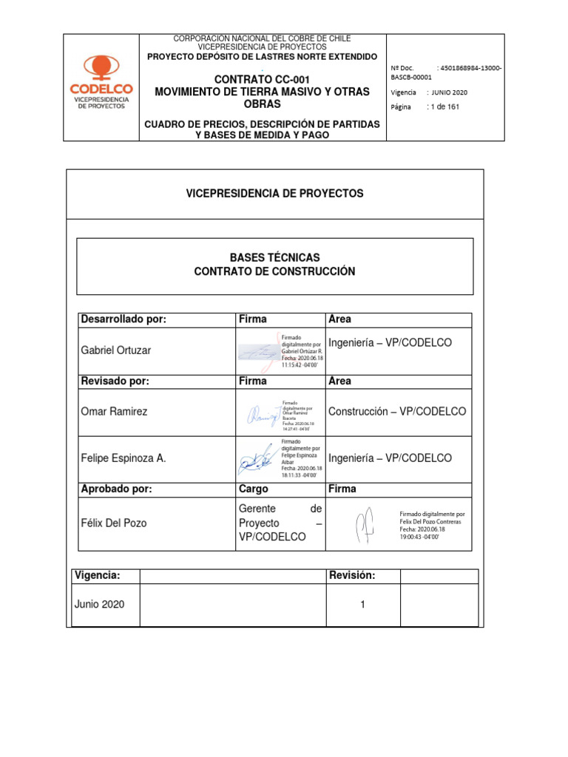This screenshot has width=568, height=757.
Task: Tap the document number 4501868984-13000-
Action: pyautogui.click(x=470, y=69)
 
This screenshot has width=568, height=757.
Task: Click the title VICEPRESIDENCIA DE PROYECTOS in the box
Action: pyautogui.click(x=274, y=193)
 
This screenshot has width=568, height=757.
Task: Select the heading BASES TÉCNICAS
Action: pyautogui.click(x=274, y=257)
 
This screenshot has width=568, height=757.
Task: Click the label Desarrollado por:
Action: pyautogui.click(x=123, y=319)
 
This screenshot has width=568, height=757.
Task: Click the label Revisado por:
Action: pyautogui.click(x=114, y=381)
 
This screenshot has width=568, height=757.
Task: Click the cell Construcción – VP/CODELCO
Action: pyautogui.click(x=396, y=412)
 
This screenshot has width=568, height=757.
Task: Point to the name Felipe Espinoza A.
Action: pyautogui.click(x=123, y=458)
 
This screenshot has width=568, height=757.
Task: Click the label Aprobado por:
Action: pyautogui.click(x=116, y=489)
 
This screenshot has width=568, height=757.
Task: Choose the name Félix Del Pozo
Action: pyautogui.click(x=113, y=523)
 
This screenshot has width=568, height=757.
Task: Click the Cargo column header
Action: pyautogui.click(x=253, y=489)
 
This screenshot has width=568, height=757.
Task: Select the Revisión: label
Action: pyautogui.click(x=351, y=575)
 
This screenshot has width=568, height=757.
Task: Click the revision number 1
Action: pyautogui.click(x=362, y=605)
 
